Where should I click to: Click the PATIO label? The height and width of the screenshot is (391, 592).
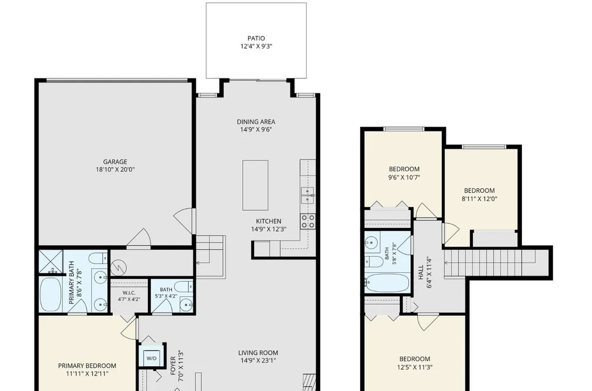point(256,38)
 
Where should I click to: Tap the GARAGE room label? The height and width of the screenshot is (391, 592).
point(115,162)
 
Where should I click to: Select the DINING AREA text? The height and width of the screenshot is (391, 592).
point(256,122)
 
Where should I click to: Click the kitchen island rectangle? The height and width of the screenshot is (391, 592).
point(255,185)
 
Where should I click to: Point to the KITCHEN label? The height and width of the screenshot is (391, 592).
point(268,221)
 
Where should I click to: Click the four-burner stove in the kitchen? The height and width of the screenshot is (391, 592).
point(308,221)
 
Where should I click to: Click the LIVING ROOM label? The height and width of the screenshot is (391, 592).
point(258,353)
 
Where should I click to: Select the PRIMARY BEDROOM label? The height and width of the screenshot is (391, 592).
point(87,366)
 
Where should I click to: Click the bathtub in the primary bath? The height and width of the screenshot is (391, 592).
point(51,295)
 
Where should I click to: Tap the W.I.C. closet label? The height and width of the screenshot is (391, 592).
point(129,293)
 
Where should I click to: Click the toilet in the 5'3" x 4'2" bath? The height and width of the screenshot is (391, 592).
point(184,286)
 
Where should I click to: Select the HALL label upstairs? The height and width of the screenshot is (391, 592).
point(421,272)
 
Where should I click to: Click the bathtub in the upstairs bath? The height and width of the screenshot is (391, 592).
point(387,283)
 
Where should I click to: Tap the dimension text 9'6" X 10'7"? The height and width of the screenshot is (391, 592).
point(404,178)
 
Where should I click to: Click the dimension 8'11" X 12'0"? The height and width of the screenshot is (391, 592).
point(479,199)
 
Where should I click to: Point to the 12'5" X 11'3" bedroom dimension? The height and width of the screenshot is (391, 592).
point(414,367)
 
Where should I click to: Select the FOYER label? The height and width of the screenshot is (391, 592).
point(173,366)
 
